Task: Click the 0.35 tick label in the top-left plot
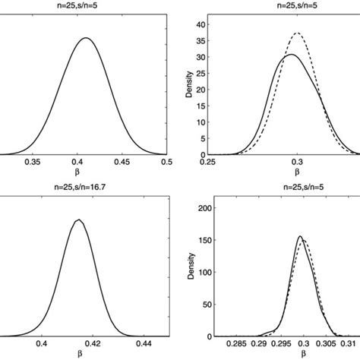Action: pyautogui.click(x=32, y=162)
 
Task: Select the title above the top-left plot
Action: pyautogui.click(x=84, y=6)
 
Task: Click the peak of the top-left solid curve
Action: pyautogui.click(x=86, y=38)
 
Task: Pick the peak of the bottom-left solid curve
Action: pyautogui.click(x=78, y=220)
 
